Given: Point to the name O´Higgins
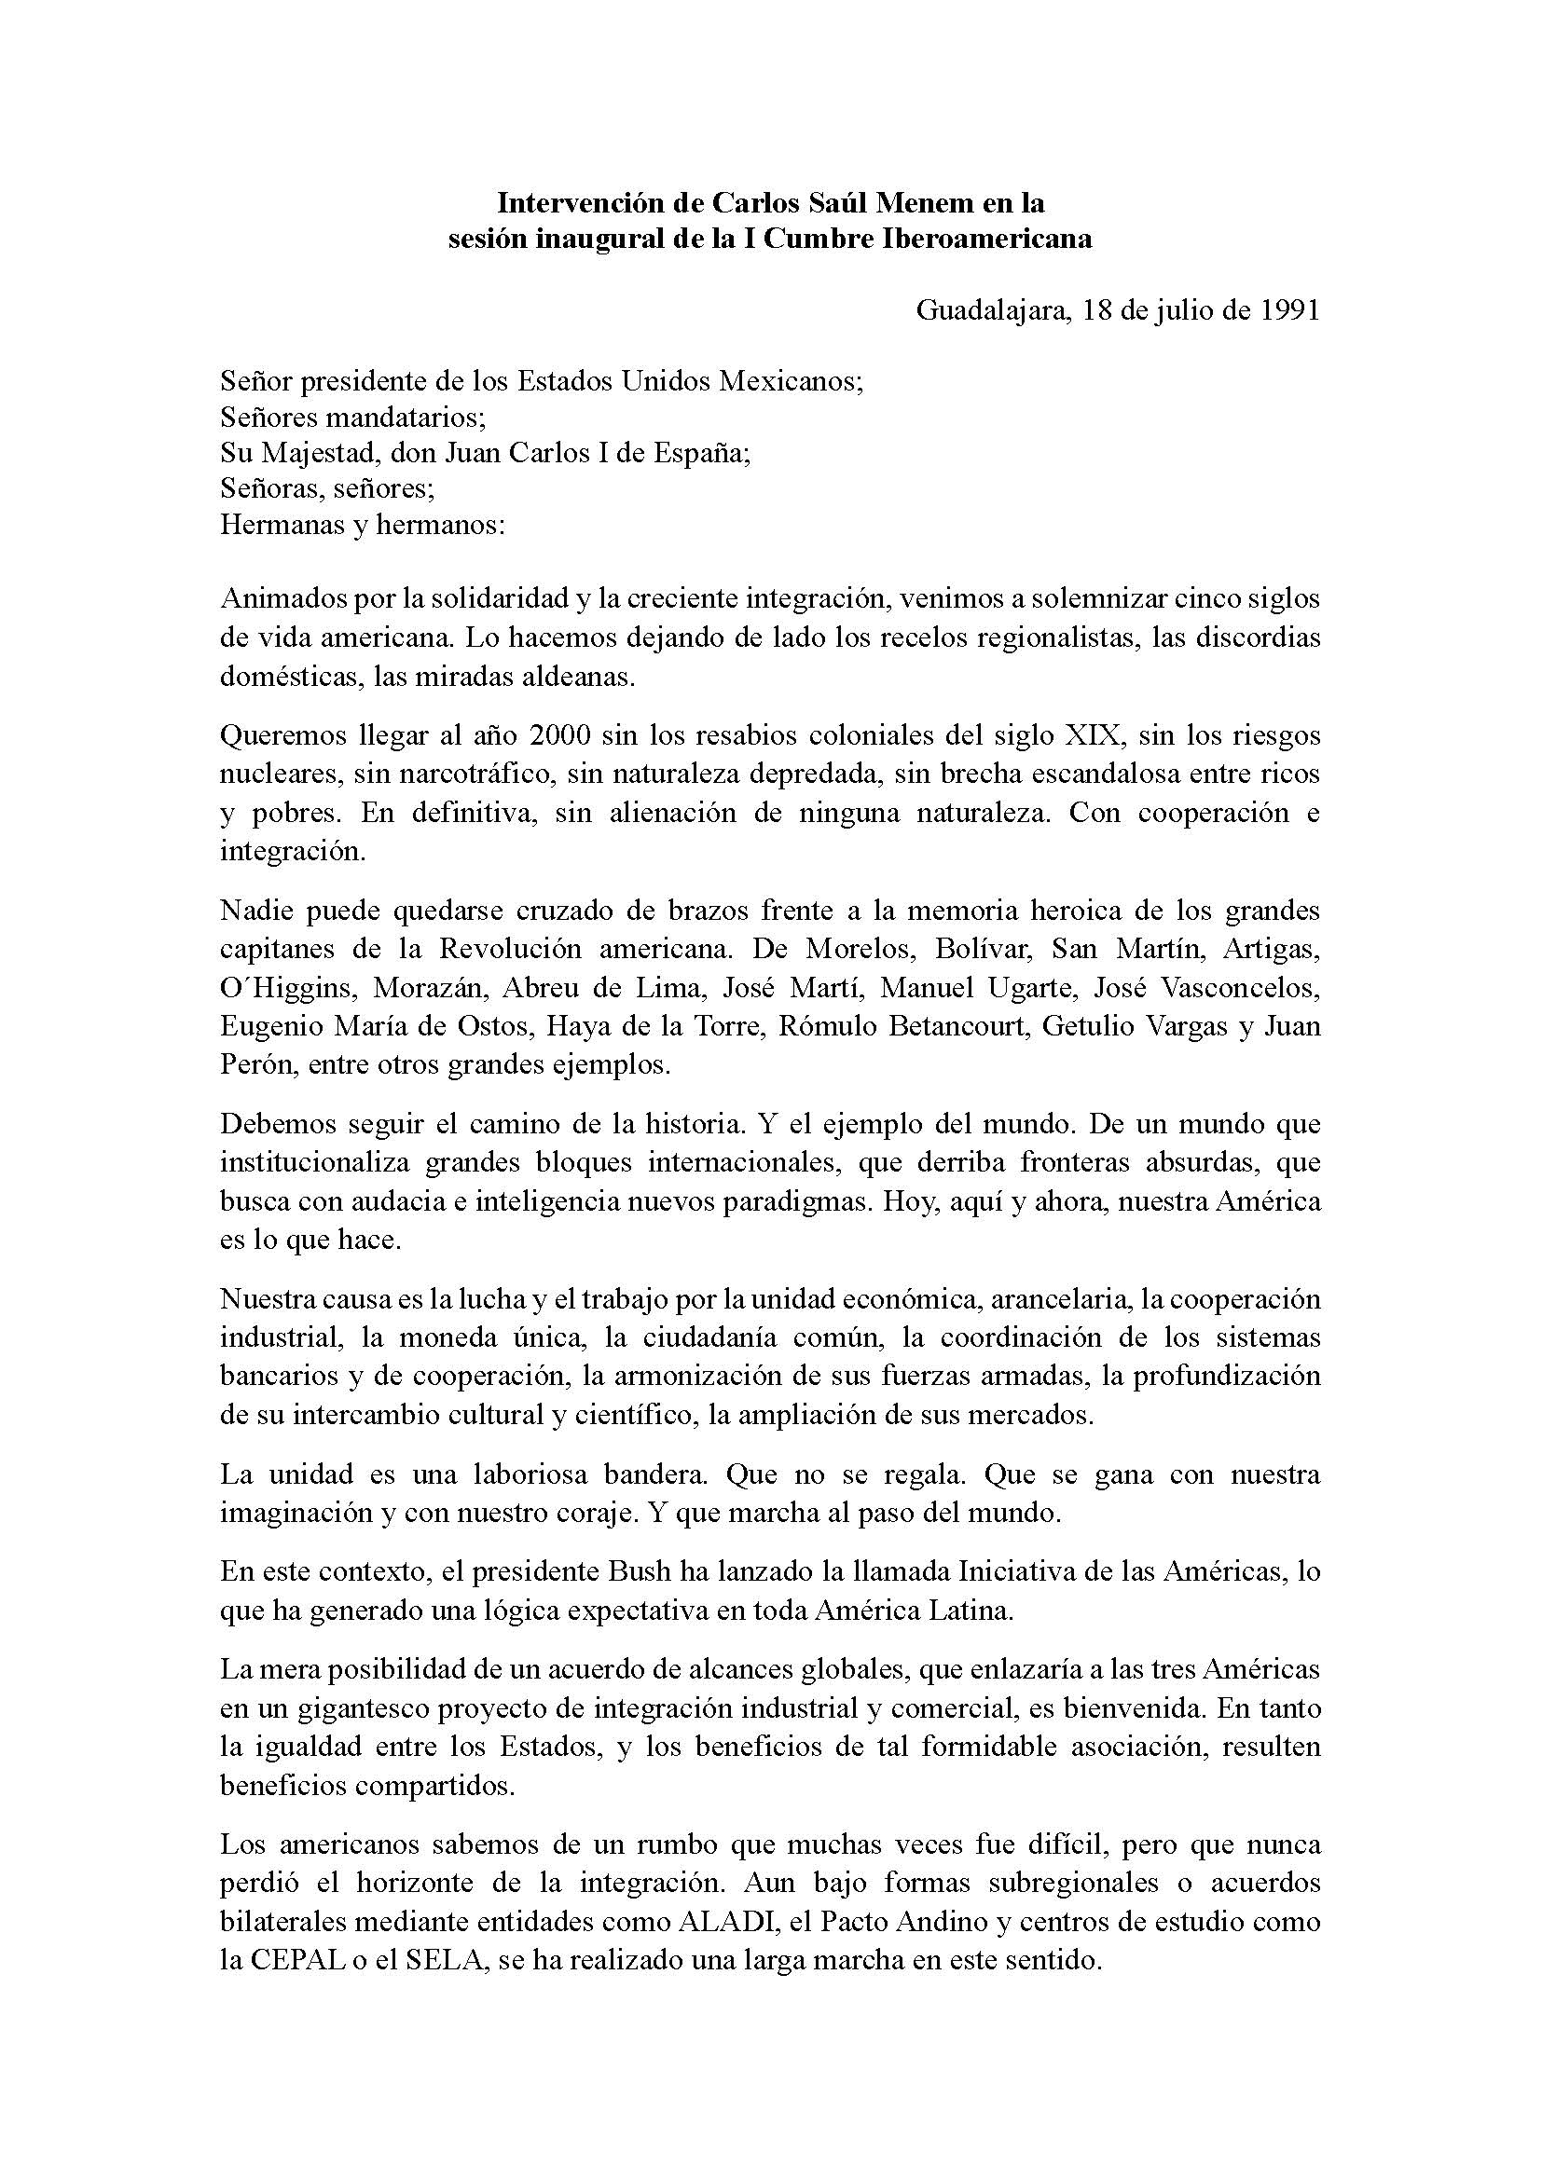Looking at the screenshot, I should click(x=289, y=987).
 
